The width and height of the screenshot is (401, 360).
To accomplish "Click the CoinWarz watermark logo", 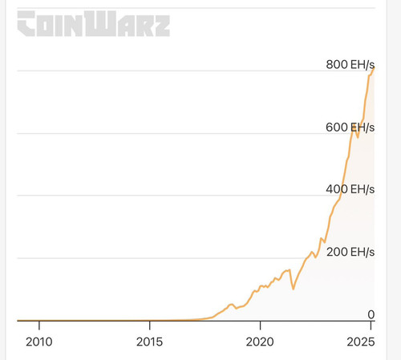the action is coord(94,23).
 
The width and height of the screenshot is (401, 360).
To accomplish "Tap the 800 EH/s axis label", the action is coord(350,65).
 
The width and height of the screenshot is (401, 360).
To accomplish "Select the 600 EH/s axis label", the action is coord(350,127).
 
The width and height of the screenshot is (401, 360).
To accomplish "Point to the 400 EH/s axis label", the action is coord(350,189).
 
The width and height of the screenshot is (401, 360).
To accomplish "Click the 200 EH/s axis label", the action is coord(350,252).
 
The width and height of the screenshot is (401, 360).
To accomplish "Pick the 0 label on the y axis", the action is coord(371,315).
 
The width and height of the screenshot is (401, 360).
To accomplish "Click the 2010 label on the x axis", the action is coord(39,342).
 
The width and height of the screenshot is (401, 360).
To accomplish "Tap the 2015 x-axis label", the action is coord(149,342).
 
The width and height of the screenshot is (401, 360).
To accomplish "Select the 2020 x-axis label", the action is coord(260,342).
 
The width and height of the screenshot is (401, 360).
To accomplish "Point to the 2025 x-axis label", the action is coord(361,342).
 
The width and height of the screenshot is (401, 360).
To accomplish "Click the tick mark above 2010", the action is coord(39,326).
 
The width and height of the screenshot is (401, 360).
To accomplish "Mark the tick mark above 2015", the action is coord(150,326).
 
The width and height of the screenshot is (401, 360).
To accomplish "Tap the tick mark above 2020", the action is coord(260,326).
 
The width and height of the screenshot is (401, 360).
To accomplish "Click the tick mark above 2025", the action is coord(371,326).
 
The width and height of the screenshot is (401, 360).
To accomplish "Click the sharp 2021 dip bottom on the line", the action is coord(294,289).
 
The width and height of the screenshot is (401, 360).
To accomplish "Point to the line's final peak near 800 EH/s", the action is coord(374,68).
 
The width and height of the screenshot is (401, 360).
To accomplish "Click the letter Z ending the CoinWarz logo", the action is coord(162,26).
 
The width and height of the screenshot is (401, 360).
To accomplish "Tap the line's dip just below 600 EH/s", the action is coord(358,137).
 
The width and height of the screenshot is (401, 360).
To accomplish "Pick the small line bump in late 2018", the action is coord(231,305).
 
